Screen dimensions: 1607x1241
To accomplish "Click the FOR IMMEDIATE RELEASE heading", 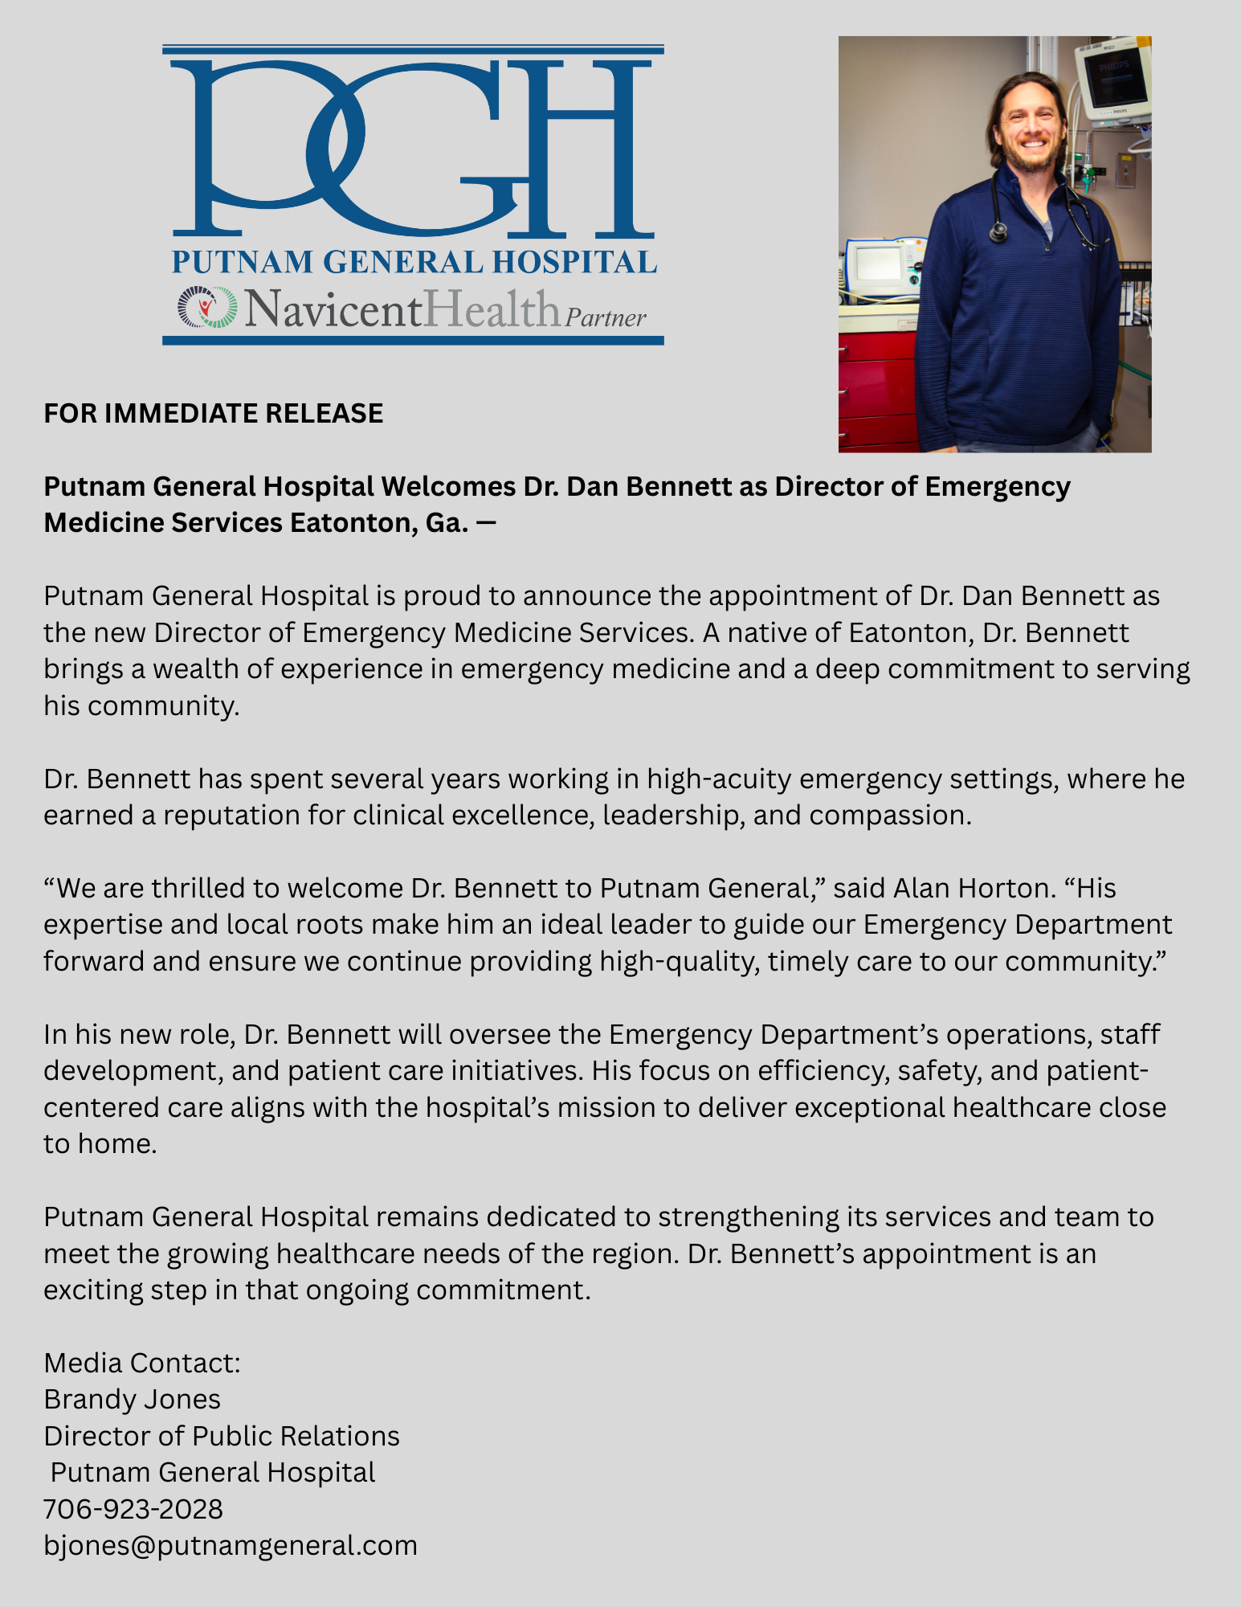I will coord(213,413).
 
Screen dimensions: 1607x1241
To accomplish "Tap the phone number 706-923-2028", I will coord(133,1509).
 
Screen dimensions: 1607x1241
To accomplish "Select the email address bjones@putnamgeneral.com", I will coord(231,1545).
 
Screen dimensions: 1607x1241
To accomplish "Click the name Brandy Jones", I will coord(132,1399).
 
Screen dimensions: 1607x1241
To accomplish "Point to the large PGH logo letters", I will coord(413,145).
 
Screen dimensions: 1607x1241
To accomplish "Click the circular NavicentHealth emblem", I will coord(207,307).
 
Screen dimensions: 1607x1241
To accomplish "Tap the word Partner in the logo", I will coord(606,317).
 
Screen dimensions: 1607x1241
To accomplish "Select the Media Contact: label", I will coord(142,1363).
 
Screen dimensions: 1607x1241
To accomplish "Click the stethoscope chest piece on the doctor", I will coord(998,231).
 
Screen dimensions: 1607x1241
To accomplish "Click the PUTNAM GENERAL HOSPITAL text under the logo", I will coord(414,262).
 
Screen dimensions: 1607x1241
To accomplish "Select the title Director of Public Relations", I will coord(222,1436).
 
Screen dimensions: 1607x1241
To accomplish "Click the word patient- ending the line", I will coord(1097,1070).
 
